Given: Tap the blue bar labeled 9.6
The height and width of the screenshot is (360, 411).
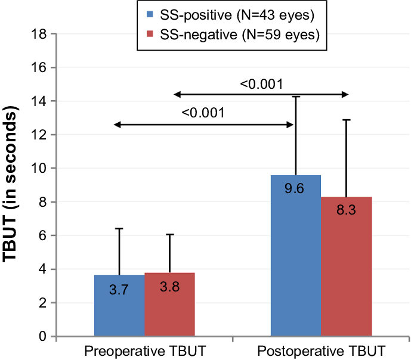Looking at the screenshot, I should coord(296,262).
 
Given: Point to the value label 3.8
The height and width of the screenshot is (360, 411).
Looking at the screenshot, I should coord(169,287).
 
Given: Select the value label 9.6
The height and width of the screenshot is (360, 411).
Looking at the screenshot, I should coord(295,189).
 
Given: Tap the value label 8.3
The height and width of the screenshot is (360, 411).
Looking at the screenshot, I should coord(346,210).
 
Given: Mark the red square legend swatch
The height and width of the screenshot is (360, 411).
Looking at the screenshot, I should coord(150,35).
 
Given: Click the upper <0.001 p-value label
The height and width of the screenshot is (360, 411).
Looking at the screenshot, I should coord(261,84).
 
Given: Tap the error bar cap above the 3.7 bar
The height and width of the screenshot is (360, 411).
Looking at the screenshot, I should coord(119,228).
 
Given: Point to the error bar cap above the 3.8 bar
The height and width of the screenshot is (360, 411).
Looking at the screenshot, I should coord(169,234).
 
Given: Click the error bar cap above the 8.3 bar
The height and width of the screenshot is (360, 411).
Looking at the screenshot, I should coord(346,120).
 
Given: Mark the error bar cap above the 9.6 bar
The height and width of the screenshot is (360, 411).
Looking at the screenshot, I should coord(296,96).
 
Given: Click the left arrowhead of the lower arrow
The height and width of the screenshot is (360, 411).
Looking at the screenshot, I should coord(116,125).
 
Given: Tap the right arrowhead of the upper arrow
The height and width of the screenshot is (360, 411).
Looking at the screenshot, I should coord(345,94).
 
